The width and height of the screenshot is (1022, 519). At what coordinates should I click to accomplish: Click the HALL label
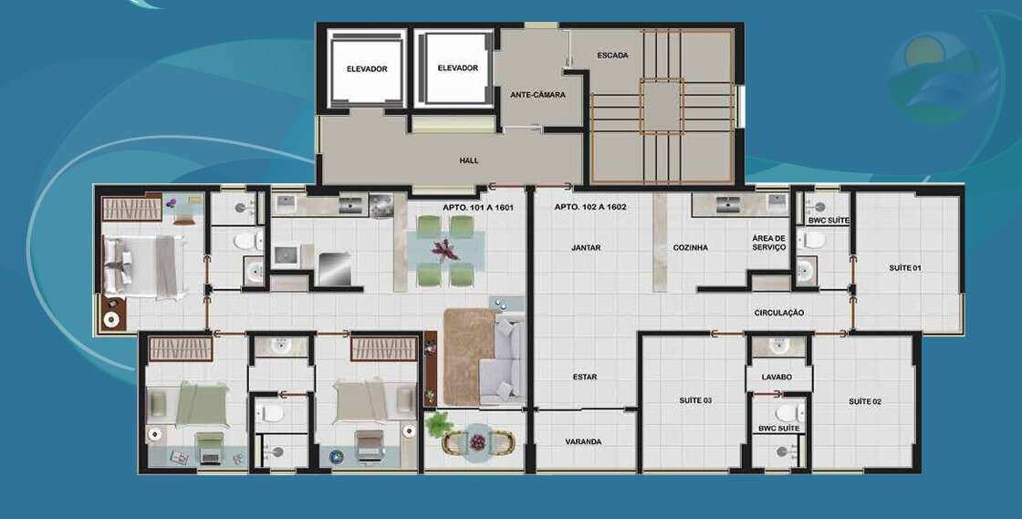469,161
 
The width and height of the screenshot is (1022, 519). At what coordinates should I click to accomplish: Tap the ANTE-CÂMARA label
537,95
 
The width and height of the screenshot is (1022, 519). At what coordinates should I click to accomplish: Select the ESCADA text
612,56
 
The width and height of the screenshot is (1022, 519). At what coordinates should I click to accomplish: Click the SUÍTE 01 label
905,268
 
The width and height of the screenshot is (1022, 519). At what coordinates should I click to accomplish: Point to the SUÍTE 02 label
865,401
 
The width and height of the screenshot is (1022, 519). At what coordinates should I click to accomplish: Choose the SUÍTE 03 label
695,400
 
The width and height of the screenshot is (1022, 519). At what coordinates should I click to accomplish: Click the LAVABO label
777,377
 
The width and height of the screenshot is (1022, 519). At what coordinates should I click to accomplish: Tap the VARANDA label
583,441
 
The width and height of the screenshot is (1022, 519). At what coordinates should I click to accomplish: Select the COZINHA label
690,247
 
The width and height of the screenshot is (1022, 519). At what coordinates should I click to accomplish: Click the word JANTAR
586,247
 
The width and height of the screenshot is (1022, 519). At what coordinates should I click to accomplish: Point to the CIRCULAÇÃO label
779,313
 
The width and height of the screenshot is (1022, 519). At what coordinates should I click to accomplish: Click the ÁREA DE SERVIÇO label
769,243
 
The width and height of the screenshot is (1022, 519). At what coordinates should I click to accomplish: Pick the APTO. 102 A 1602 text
590,208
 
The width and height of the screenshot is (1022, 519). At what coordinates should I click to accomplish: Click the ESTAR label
585,377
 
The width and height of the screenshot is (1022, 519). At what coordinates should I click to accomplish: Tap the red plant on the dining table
446,249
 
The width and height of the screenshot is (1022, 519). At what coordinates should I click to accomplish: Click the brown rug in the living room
468,357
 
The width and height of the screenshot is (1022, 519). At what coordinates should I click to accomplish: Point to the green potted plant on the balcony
438,424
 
